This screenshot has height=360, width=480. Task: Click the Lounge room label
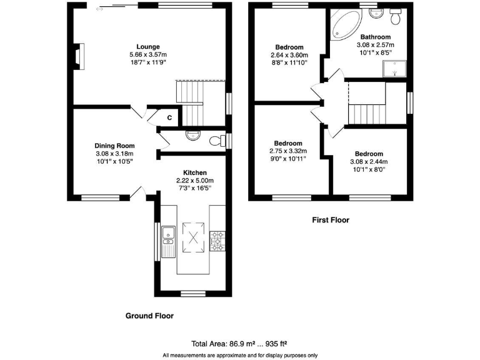tap(148, 46)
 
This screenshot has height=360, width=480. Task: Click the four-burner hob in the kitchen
tap(217, 241)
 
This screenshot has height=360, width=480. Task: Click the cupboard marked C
tap(169, 117)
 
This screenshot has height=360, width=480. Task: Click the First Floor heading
tap(330, 220)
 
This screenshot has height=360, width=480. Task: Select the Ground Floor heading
tap(149, 316)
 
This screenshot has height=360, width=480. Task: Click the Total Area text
tap(239, 344)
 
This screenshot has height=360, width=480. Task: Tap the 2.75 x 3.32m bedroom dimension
tap(288, 152)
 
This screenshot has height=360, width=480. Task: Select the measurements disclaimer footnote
tap(240, 355)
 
